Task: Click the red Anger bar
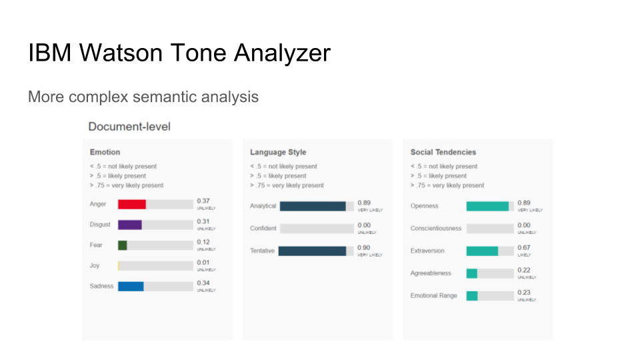132,204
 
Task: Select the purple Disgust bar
130,225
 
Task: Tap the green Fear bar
123,245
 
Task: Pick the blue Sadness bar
131,286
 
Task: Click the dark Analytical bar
313,206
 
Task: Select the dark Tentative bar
313,251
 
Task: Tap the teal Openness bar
487,206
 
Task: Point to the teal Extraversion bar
482,251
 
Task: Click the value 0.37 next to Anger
203,201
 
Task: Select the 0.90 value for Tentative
364,247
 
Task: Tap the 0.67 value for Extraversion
524,247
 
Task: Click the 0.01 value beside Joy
203,263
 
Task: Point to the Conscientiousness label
436,229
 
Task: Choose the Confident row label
263,229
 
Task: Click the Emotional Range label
434,295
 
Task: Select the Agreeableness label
431,273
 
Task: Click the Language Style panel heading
278,152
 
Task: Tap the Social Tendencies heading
443,152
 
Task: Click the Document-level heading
129,126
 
